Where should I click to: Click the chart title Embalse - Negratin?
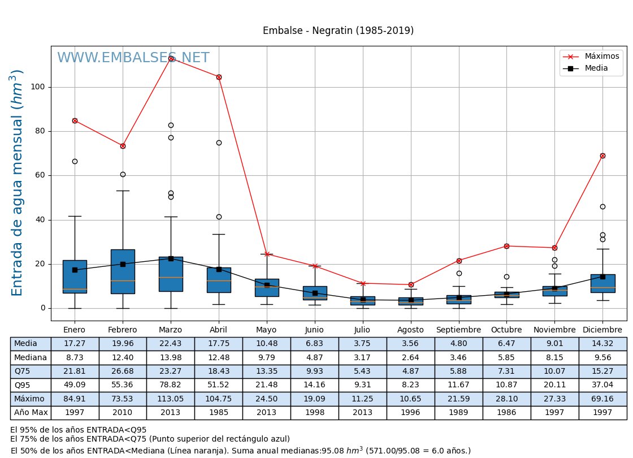point(338,31)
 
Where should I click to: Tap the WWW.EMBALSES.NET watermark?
point(133,58)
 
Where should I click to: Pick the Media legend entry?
point(596,68)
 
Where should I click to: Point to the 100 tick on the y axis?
point(40,87)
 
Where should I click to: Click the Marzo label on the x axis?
point(170,330)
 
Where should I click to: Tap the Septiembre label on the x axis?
point(458,330)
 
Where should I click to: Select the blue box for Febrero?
point(123,271)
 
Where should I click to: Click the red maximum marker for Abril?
point(219,77)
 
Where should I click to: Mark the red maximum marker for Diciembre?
point(602,155)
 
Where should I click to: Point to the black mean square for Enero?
point(75,270)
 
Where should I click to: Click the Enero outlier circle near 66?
point(75,162)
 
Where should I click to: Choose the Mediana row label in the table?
point(31,357)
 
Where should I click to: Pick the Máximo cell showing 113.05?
point(170,399)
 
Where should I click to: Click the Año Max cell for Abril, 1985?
point(218,412)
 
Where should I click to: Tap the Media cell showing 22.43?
point(170,344)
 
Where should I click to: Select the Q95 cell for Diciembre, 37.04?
point(602,385)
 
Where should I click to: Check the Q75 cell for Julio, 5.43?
point(362,371)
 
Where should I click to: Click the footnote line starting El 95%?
point(79,430)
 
